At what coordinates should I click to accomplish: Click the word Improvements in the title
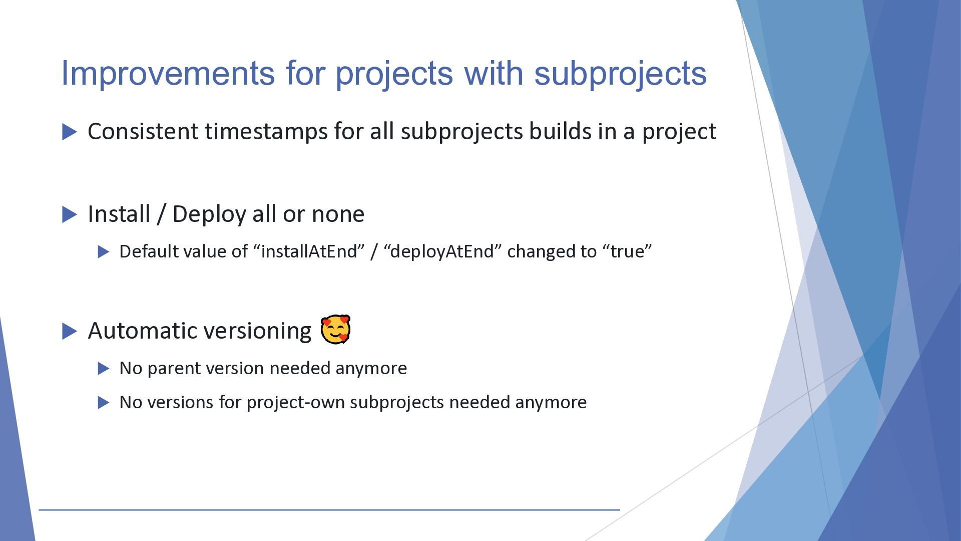point(168,73)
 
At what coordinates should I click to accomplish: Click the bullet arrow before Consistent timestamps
point(70,132)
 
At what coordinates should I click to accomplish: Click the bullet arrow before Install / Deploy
point(70,215)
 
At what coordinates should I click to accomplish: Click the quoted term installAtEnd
point(312,251)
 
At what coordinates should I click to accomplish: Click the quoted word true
point(631,251)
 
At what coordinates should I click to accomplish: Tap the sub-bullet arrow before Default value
point(104,251)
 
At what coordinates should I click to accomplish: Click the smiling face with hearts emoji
point(335,330)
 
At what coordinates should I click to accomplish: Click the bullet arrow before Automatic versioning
point(70,332)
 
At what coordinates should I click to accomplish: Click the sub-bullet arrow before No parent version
point(104,369)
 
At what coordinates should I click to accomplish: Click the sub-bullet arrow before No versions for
point(104,403)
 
